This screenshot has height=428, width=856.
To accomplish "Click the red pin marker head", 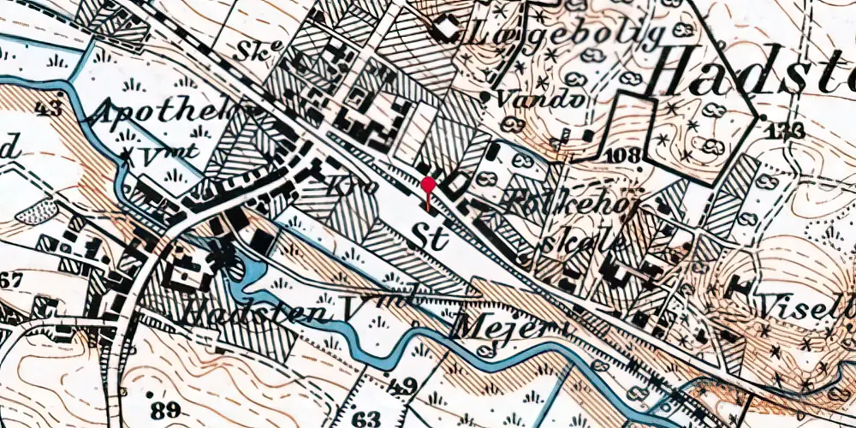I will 428,184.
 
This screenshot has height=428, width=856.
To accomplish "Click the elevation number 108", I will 625,156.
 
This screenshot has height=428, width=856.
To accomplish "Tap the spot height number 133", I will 785,130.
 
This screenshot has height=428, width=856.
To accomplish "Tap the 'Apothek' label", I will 163,114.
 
